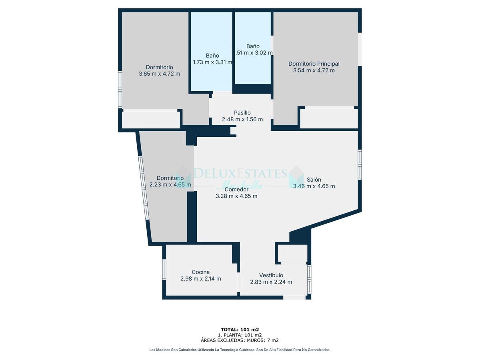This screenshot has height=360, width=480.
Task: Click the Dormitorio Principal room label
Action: (314, 64)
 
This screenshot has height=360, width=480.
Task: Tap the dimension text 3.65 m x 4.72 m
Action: (159, 74)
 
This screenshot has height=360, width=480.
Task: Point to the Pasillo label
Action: (242, 113)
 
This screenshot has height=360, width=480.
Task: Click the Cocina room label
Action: (200, 272)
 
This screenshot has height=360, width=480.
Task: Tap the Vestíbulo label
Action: (271, 275)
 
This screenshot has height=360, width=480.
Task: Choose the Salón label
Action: (314, 180)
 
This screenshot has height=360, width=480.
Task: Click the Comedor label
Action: (236, 189)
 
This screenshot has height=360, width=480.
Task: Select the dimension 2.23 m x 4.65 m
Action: (170, 184)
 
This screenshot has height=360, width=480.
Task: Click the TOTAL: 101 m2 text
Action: (240, 330)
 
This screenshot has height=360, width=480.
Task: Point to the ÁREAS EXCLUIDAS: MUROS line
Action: (240, 340)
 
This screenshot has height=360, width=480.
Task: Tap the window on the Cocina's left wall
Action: (164, 269)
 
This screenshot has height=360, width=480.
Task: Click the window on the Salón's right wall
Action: (360, 164)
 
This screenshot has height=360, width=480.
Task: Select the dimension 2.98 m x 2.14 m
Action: (200, 279)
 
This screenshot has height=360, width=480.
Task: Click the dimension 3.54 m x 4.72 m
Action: (314, 70)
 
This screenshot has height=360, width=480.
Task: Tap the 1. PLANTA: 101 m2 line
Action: (240, 335)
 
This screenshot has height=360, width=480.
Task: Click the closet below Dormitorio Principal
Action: (328, 118)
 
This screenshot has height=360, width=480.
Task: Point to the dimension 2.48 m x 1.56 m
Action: (242, 119)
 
